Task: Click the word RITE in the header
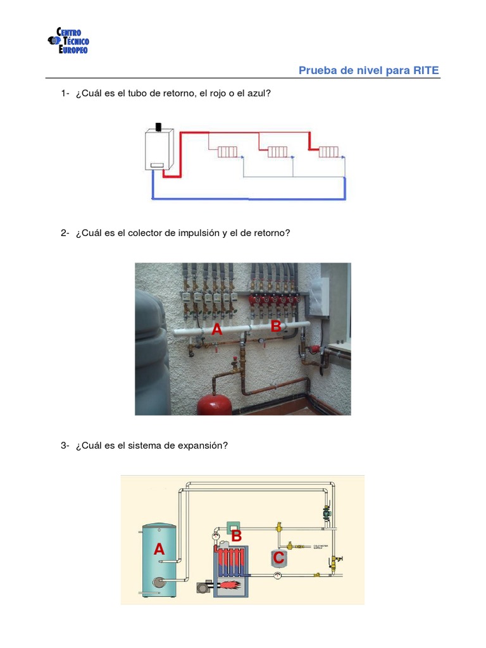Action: pos(426,70)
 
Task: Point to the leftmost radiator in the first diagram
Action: pos(227,152)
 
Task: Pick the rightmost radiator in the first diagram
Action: pos(328,152)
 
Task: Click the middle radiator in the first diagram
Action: pos(277,152)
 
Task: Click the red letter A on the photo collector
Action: pos(217,330)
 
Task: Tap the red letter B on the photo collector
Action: pos(276,327)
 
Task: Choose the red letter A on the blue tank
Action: pos(159,550)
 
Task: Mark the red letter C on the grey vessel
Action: pos(278,559)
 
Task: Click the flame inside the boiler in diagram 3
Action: pos(235,583)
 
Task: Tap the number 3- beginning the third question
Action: pos(65,445)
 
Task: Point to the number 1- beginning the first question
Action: pos(65,94)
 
